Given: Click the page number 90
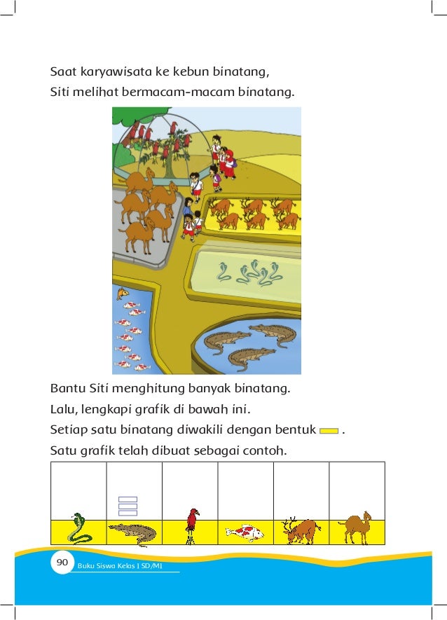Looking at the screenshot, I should pos(61,563).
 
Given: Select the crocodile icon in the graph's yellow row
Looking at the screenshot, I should pos(133,533).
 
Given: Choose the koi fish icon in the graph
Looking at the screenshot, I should pos(245,533).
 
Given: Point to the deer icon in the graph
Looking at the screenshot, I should pos(301,531).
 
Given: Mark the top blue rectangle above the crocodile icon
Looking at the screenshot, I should pos(128,500).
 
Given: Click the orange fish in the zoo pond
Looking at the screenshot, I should pos(123,294).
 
